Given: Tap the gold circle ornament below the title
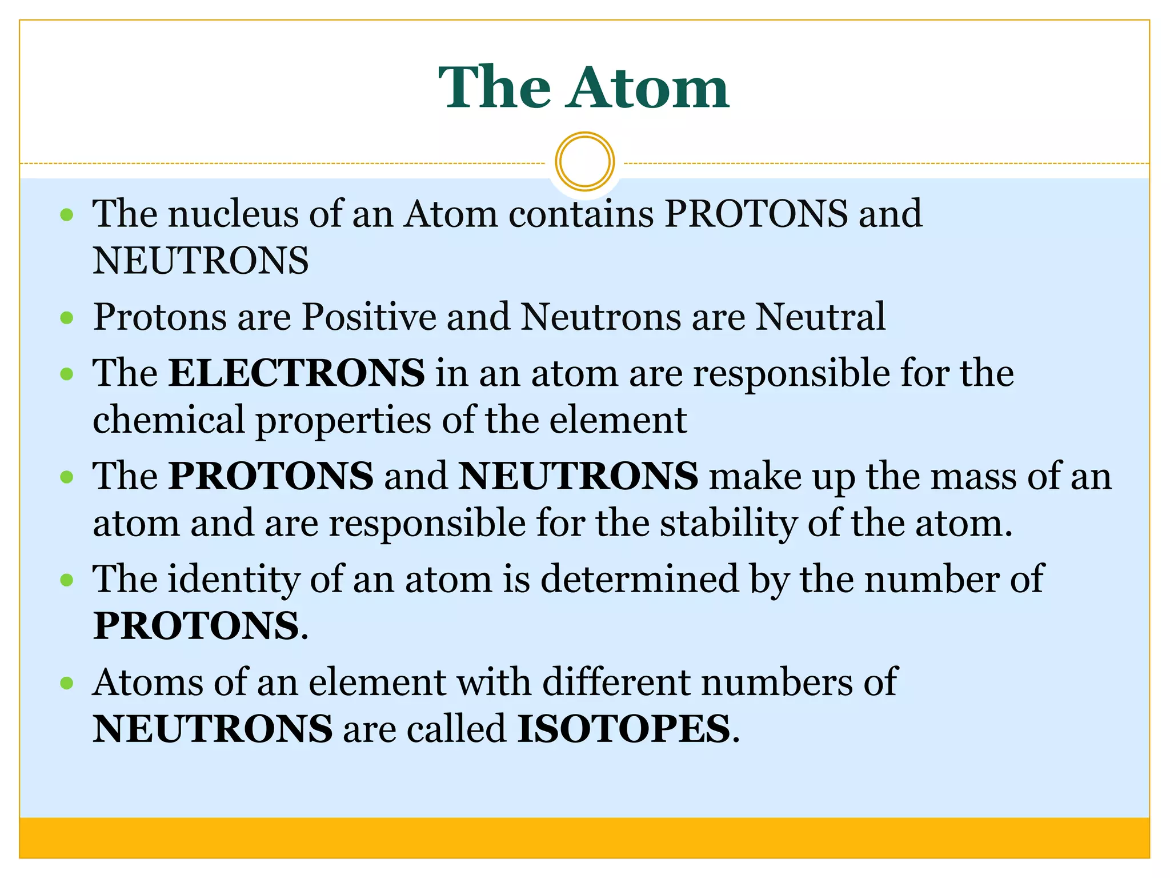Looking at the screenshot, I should click(584, 161).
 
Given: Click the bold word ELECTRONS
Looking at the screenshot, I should click(296, 373).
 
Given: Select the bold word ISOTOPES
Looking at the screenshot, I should click(623, 729).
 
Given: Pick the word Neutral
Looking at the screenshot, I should click(820, 317).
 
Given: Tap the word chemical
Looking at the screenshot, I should click(169, 420).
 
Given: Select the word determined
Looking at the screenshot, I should click(639, 579).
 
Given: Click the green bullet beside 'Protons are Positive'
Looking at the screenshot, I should click(67, 317).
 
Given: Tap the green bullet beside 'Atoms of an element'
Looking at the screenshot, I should click(67, 683).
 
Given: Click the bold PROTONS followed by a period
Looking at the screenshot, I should click(196, 626).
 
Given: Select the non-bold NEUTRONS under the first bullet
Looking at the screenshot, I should click(201, 261).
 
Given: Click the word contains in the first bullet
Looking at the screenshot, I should click(581, 214).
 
